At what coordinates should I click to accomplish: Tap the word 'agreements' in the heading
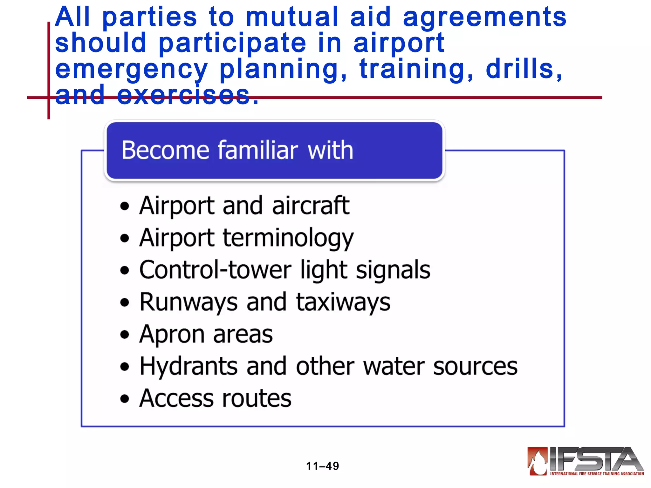tap(484, 18)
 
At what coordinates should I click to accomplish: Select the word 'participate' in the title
tap(232, 44)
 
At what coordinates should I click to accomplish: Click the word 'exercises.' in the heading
tap(188, 95)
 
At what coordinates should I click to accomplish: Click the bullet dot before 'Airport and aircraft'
tap(125, 206)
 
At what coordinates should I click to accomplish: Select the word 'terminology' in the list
tap(288, 238)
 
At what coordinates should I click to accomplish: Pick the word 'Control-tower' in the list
tap(215, 270)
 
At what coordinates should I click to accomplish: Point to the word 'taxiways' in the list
tap(343, 302)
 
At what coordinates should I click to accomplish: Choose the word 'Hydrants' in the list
tap(188, 367)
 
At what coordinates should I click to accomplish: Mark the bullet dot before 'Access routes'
tap(125, 399)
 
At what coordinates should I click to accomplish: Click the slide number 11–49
tap(322, 466)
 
